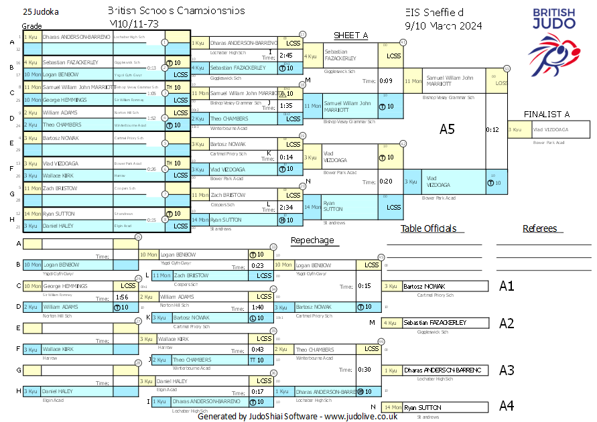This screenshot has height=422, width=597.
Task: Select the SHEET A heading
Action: pos(351,36)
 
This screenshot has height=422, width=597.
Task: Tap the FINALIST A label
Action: pos(547,115)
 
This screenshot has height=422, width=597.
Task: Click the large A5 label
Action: pos(447,129)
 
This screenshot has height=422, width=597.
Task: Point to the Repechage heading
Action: pos(312,240)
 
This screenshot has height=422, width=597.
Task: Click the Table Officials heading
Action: pos(428,228)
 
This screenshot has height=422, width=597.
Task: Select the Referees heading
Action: pos(540,228)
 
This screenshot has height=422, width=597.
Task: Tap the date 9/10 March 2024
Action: pos(444,26)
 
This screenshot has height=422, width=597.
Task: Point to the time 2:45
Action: pos(286,56)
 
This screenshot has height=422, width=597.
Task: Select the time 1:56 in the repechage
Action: pos(122,297)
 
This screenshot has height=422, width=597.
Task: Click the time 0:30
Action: pos(365,369)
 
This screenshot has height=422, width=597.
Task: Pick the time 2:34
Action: pos(286,208)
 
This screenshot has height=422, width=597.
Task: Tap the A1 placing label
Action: pos(507,286)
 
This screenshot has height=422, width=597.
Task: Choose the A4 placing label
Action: pos(507,406)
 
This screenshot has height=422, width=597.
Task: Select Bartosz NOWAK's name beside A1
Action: pos(424,287)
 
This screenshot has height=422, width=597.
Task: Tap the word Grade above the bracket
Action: pos(31,25)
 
